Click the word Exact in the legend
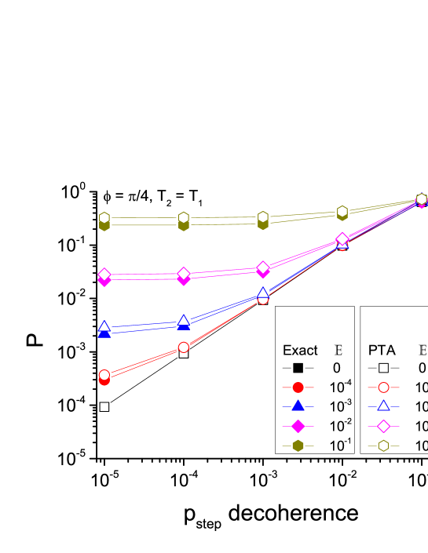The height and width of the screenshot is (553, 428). click(x=300, y=351)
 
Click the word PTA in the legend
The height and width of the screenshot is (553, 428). click(x=382, y=351)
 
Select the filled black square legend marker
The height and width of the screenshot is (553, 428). click(x=298, y=368)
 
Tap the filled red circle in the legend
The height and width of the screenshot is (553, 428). click(x=298, y=387)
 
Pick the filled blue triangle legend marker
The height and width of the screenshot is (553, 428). click(x=298, y=406)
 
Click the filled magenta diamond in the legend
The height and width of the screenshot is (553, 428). click(x=298, y=426)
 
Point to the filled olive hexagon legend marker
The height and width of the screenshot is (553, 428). click(x=298, y=446)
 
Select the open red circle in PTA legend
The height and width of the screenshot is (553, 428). click(x=383, y=387)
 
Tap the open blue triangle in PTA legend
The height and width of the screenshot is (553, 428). click(x=383, y=406)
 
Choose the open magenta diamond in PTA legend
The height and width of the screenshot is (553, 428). click(x=383, y=426)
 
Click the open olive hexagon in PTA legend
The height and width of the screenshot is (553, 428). click(x=383, y=446)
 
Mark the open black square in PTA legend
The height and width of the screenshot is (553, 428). click(x=383, y=368)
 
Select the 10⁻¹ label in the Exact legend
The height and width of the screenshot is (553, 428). click(x=340, y=445)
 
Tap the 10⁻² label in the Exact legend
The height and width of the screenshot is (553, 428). click(x=340, y=425)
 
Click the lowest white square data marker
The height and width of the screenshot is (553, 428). click(x=104, y=407)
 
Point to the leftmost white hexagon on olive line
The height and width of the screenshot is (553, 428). click(x=104, y=217)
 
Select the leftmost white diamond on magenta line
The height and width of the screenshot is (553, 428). click(x=104, y=275)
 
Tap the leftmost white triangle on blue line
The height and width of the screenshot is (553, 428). click(x=104, y=326)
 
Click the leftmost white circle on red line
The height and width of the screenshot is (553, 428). click(x=104, y=375)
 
